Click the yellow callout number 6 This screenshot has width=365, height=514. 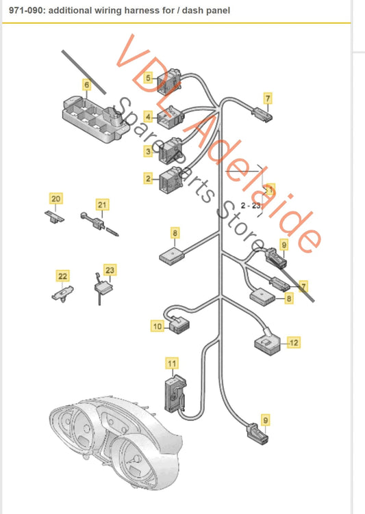(86, 85)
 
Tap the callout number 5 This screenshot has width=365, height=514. (149, 79)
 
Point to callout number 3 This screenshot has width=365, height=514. (148, 150)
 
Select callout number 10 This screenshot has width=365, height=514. (158, 327)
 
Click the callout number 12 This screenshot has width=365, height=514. (294, 341)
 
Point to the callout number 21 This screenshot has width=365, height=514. (102, 204)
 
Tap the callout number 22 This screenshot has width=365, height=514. (62, 276)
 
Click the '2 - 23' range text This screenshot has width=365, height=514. (251, 205)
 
